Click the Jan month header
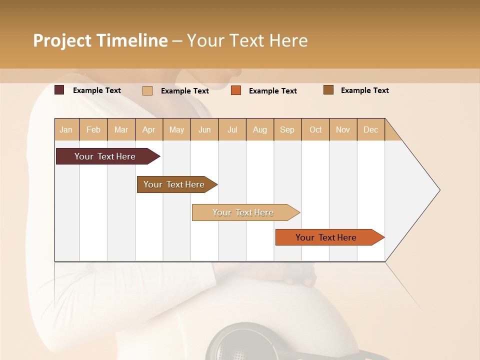click(x=66, y=129)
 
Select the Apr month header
click(x=149, y=129)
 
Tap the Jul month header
click(x=232, y=129)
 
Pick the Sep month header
click(x=287, y=129)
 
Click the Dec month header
click(x=370, y=129)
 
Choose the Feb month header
click(x=93, y=129)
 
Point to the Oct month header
click(x=315, y=129)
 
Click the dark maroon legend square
click(x=59, y=90)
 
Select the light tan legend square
click(x=147, y=90)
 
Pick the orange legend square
click(x=236, y=90)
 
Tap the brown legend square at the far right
click(x=328, y=90)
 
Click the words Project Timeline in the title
click(x=100, y=40)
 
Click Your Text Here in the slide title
click(x=247, y=40)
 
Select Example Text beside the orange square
click(x=272, y=91)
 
